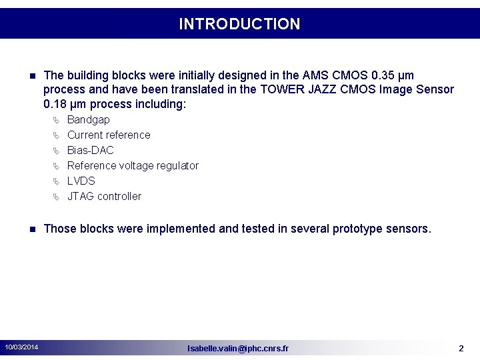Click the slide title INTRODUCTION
239,24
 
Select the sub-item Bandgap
89,119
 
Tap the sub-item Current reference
109,135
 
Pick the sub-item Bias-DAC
91,150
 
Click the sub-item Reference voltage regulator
133,165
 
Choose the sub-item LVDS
81,181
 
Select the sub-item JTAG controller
104,196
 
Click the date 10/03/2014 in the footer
21,347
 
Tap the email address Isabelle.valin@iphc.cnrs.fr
238,348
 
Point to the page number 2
461,348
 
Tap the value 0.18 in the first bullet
55,104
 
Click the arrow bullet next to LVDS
56,181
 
